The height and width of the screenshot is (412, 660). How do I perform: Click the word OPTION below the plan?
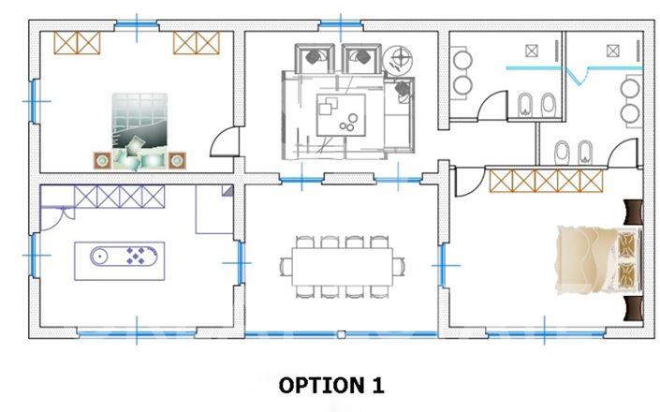pos(315,385)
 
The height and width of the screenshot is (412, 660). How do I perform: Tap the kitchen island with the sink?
pos(120,257)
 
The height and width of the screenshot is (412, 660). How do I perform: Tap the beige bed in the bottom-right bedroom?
pos(596,257)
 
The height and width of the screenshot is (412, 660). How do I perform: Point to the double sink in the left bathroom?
pos(463,72)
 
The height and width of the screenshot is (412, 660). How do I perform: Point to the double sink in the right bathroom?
pos(630,101)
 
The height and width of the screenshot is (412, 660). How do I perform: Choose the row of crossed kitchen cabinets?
pos(120,197)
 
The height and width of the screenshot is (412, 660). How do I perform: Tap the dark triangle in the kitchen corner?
pos(227,191)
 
